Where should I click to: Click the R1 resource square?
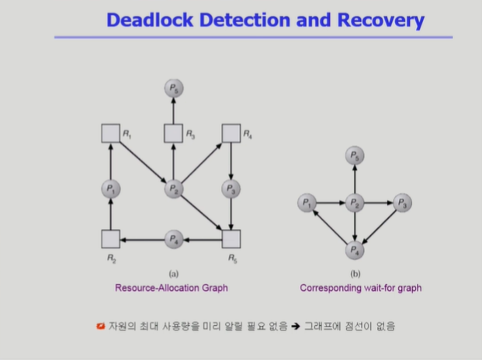[x=110, y=133]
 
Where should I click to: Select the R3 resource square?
[x=173, y=133]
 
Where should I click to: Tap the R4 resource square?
[x=231, y=133]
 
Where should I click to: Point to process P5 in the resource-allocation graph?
[x=173, y=89]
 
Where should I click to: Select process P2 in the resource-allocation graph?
[x=173, y=188]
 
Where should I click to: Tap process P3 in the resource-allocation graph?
[x=231, y=188]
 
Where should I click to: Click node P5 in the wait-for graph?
[x=355, y=157]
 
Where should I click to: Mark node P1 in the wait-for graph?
[x=307, y=203]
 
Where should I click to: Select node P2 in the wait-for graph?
[x=355, y=203]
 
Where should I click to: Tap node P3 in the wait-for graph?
[x=402, y=203]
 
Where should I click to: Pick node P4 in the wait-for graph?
[x=355, y=250]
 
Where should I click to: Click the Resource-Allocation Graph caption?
[x=172, y=288]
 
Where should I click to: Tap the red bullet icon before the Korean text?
[x=100, y=326]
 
